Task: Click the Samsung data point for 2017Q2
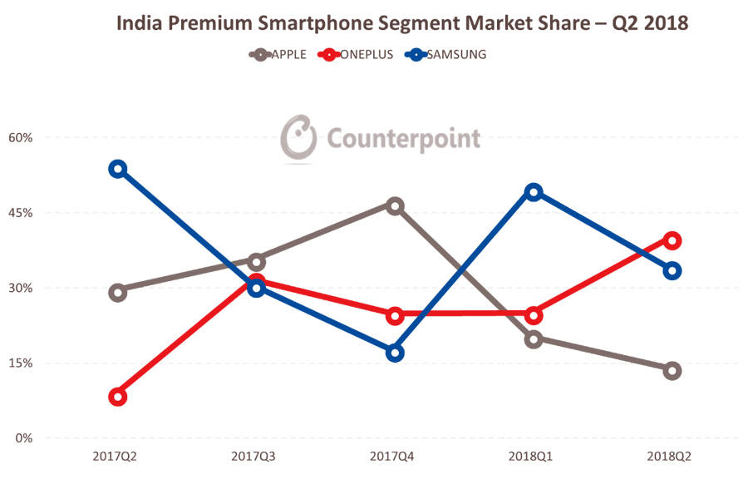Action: click(x=118, y=169)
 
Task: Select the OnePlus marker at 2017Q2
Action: click(x=118, y=397)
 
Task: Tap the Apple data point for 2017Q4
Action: click(x=396, y=206)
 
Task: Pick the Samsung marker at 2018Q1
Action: click(x=534, y=192)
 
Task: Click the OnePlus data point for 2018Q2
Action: click(x=672, y=240)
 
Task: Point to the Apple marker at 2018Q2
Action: click(x=672, y=371)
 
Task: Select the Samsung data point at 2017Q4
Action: click(x=396, y=353)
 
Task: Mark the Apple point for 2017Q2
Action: click(x=118, y=292)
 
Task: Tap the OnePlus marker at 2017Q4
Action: click(x=396, y=315)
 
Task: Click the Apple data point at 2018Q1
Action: click(x=534, y=338)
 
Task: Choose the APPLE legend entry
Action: click(x=278, y=55)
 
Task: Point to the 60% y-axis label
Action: click(x=20, y=138)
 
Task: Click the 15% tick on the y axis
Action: click(x=20, y=363)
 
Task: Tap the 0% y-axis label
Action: click(x=23, y=438)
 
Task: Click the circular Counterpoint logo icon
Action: click(x=298, y=137)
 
